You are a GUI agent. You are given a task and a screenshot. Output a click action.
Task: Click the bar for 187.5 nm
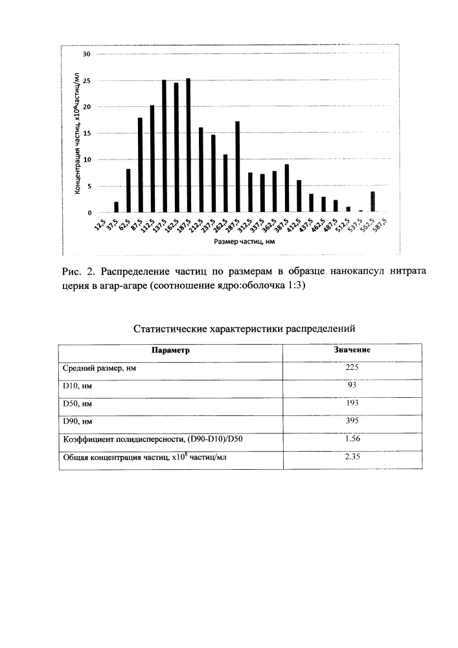pos(189,146)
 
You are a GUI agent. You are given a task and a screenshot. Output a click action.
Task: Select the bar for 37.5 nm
pos(116,207)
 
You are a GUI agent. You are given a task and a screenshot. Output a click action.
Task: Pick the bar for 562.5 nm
pos(372,202)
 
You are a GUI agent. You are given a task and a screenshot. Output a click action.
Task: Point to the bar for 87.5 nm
pos(140,165)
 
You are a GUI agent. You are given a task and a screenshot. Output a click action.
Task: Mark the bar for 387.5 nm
pos(286,189)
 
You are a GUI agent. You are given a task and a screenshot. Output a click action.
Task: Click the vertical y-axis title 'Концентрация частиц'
pos(76,132)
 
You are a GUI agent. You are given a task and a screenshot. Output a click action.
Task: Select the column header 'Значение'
pos(352,350)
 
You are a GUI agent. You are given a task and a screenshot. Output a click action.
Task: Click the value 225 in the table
pos(352,367)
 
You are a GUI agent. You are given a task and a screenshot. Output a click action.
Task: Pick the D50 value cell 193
pos(352,403)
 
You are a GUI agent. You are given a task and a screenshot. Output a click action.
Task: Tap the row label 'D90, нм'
pos(78,421)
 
